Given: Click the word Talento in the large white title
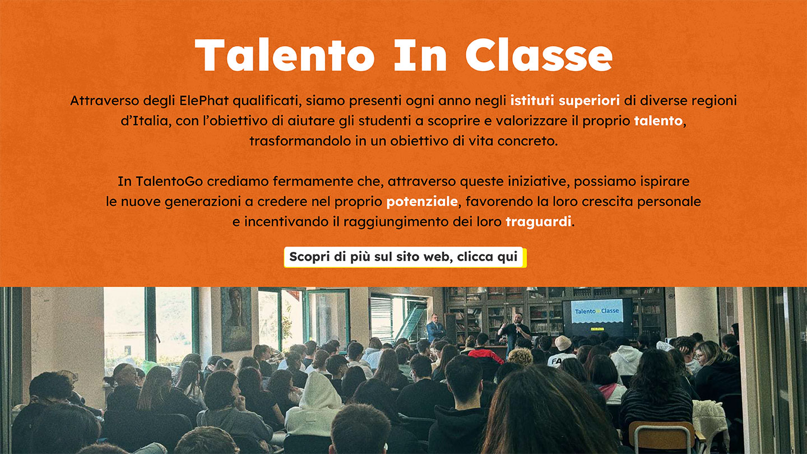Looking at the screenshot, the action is (285, 55).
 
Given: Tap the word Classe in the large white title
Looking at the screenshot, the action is (539, 55).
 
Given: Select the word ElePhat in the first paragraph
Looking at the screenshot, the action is (204, 100).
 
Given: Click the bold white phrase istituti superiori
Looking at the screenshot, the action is (565, 100).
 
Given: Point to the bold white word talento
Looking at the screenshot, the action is (658, 121).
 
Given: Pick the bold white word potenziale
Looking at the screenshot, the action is (422, 201).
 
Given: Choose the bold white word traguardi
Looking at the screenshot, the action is (539, 221).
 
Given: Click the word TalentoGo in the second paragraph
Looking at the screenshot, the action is (169, 181).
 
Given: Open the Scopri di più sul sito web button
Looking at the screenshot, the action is (405, 257).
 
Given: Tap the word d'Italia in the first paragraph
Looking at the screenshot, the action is (145, 121).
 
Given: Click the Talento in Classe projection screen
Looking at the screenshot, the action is (597, 317).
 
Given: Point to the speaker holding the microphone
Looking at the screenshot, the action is (515, 333).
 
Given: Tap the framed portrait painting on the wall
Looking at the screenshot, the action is (236, 319).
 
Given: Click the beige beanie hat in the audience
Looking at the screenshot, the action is (563, 342).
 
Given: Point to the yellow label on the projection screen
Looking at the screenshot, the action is (597, 328).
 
